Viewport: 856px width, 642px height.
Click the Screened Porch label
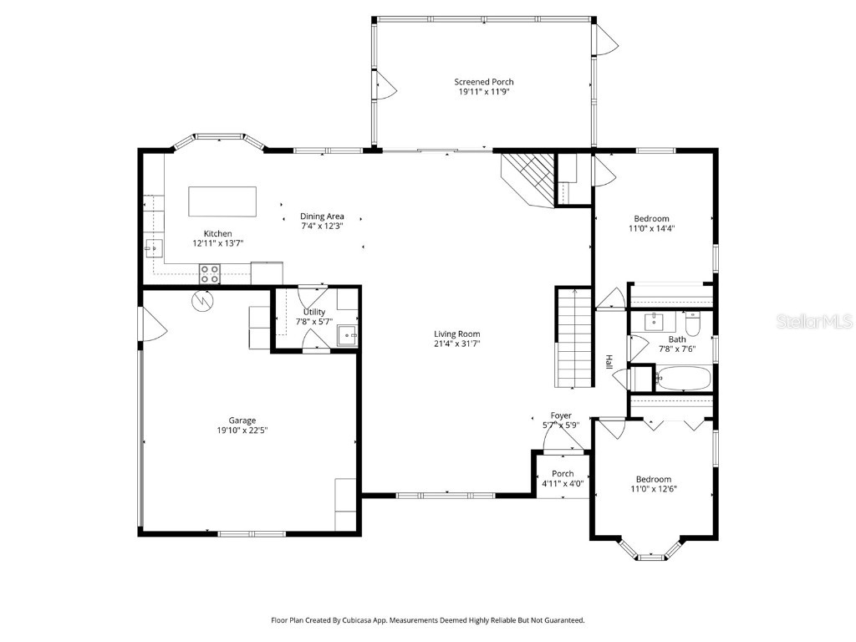click(x=483, y=82)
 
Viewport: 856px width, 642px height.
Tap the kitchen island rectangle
click(x=222, y=201)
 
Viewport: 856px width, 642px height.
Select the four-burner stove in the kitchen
click(x=209, y=273)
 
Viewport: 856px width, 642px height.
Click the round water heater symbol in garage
click(x=202, y=300)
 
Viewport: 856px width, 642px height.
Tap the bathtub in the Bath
click(x=682, y=380)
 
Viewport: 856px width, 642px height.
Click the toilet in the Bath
click(x=693, y=322)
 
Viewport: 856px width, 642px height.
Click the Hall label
click(x=609, y=362)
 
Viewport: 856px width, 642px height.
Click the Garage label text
click(x=242, y=420)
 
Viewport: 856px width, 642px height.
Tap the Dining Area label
click(x=323, y=217)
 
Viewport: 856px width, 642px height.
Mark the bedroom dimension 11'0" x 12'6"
click(x=652, y=489)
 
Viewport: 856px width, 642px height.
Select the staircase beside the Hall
click(x=573, y=339)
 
